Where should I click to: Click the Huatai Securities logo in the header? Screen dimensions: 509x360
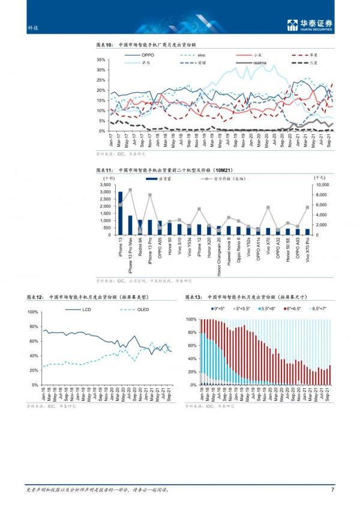click(310, 25)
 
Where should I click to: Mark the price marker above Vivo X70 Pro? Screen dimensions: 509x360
click(308, 207)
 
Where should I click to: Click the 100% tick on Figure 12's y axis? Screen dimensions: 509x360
click(33, 312)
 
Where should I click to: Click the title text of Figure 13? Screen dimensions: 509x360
click(257, 297)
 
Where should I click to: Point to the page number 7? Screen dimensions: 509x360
click(332, 490)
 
